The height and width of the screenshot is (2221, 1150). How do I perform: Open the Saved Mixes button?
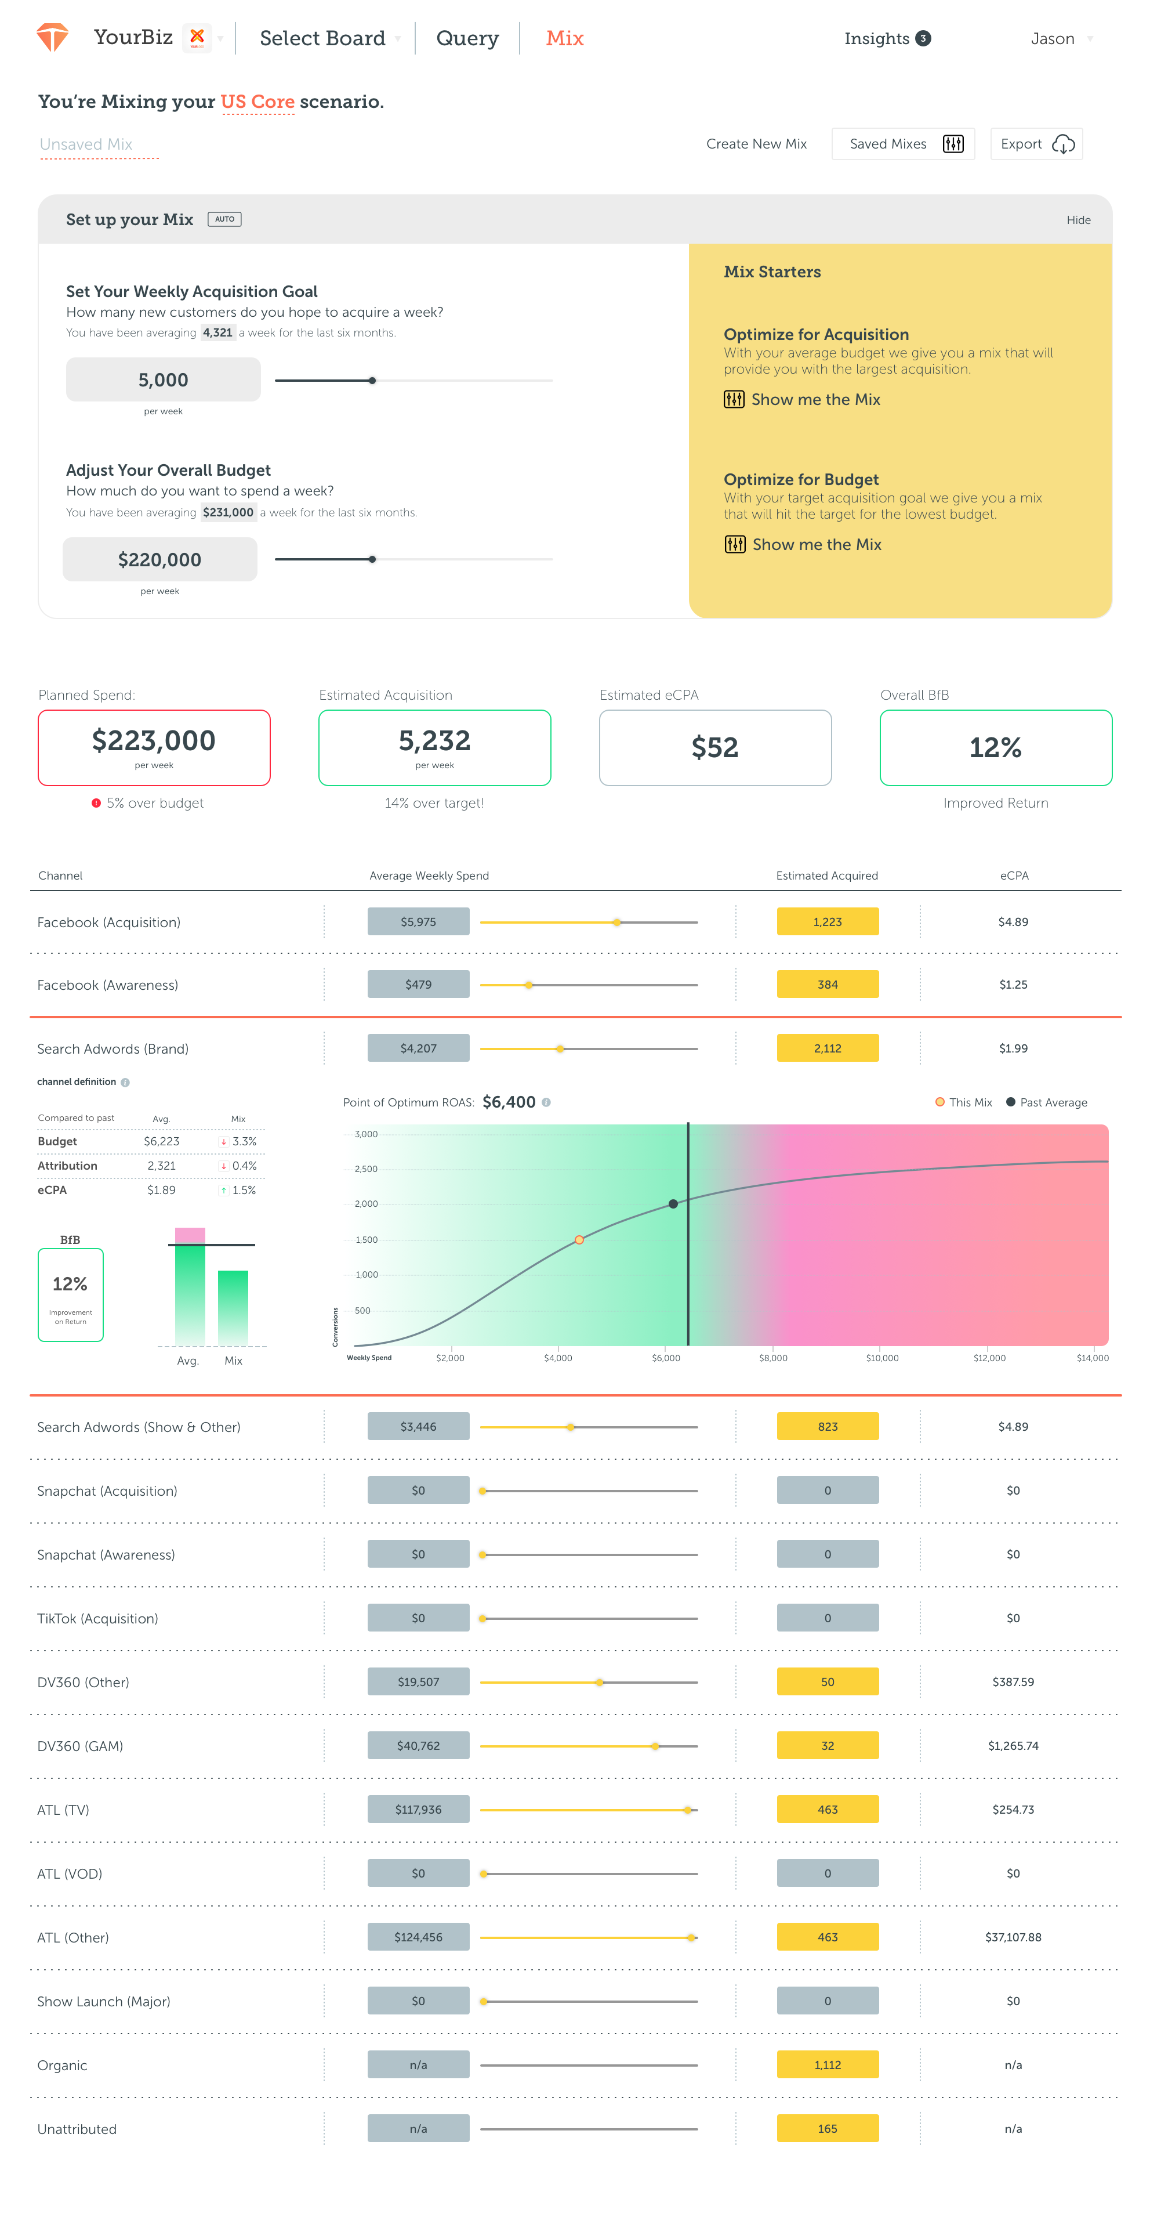click(x=902, y=144)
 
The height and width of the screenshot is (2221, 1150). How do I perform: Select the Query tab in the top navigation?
click(x=467, y=38)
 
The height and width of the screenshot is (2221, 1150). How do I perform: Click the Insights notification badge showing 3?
click(x=923, y=38)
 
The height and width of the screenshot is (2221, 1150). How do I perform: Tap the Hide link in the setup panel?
click(x=1078, y=220)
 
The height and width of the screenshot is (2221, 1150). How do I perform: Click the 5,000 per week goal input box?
click(x=163, y=379)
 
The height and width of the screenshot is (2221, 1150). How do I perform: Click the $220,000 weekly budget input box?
click(x=159, y=559)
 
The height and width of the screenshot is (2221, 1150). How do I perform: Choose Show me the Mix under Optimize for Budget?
click(x=815, y=544)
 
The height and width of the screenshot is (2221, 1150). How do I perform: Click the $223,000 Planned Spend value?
click(x=154, y=740)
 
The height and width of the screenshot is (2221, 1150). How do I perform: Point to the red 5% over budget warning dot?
click(x=96, y=802)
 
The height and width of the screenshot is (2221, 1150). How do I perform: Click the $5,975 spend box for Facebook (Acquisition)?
click(x=418, y=922)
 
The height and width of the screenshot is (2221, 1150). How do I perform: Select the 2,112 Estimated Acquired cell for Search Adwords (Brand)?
click(x=828, y=1048)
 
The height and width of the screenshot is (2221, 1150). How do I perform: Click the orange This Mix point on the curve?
click(x=579, y=1240)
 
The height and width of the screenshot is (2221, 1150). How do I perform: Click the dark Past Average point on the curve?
click(x=673, y=1203)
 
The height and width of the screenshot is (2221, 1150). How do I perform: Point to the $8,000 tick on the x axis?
click(x=772, y=1358)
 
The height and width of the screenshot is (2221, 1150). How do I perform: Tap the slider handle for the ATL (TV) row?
click(x=687, y=1810)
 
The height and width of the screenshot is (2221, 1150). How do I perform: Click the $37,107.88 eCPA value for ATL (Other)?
click(x=1013, y=1937)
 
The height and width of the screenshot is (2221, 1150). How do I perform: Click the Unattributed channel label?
click(x=77, y=2129)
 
